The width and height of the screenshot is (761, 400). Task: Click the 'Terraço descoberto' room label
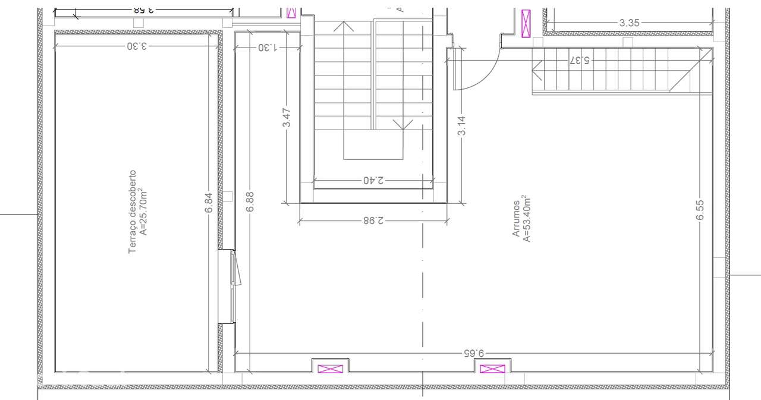coord(133,212)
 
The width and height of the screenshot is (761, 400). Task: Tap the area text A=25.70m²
coord(143,212)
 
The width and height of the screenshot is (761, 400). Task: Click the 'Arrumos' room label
coord(516,218)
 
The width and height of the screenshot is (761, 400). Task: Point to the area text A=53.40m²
coord(526,218)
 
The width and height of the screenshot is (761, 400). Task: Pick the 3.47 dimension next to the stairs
coord(287,117)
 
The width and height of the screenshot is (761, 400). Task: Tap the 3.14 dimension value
coord(462,125)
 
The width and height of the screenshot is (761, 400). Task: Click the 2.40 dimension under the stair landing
coord(373,179)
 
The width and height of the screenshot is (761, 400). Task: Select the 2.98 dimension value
coord(373,221)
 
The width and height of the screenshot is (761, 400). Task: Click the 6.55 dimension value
coord(700,210)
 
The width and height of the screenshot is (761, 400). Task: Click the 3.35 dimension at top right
coord(629,23)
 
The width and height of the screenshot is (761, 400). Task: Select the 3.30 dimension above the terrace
coord(136,46)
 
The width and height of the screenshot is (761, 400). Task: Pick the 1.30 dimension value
coord(268,47)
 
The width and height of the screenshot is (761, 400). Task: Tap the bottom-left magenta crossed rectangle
coord(331,368)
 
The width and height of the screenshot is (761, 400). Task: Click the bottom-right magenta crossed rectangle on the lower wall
coord(492,368)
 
